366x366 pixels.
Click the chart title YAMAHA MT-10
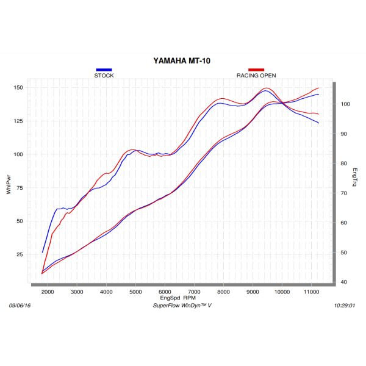click(182, 61)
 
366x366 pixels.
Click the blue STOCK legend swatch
click(104, 70)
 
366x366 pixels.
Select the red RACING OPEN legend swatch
click(256, 70)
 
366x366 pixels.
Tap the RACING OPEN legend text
click(256, 76)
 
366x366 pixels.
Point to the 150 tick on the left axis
click(18, 88)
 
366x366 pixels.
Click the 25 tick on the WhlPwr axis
click(20, 254)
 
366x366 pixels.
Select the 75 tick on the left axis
click(20, 188)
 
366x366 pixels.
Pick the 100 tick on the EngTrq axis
click(345, 104)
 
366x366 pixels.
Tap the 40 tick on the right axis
click(344, 282)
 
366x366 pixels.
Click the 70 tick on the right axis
click(344, 193)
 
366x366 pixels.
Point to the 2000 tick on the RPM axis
click(48, 293)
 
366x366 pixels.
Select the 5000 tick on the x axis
click(135, 293)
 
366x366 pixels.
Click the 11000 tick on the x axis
click(311, 293)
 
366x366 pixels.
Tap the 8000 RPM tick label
click(223, 293)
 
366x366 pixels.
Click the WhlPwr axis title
click(9, 185)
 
